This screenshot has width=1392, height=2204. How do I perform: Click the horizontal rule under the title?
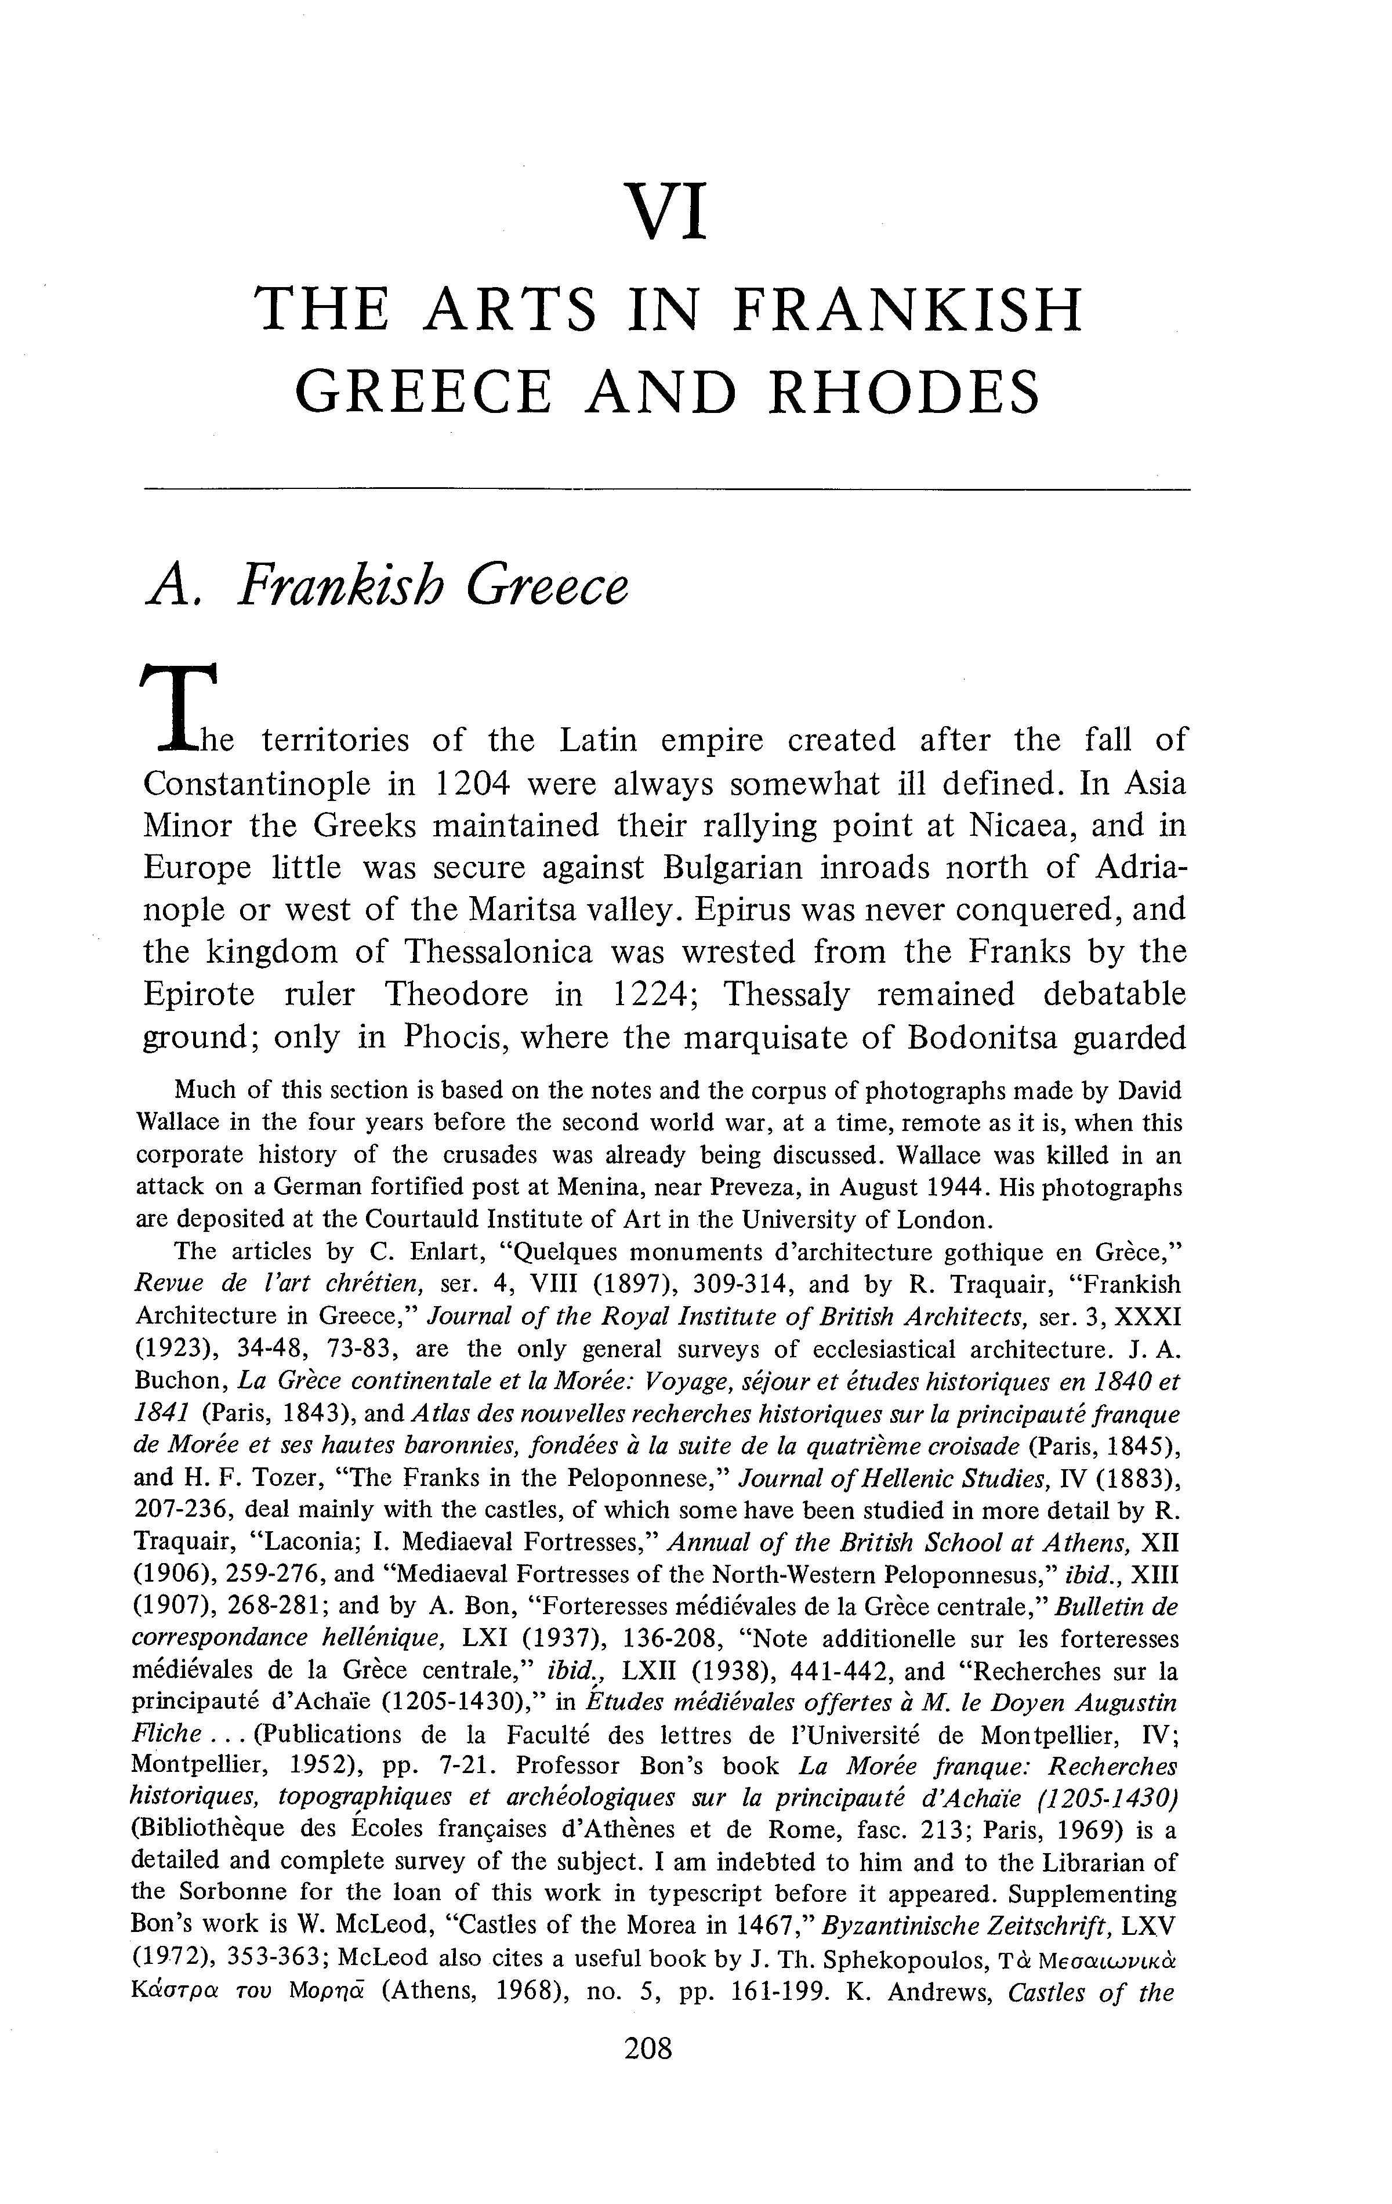[x=666, y=491]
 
